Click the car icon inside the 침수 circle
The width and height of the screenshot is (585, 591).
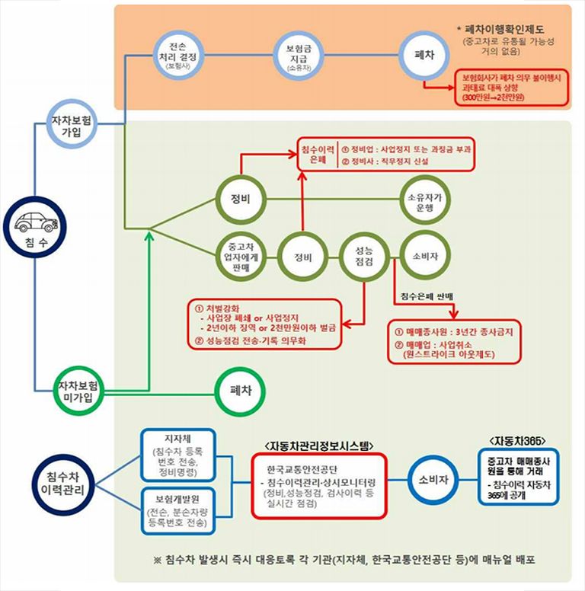tap(34, 222)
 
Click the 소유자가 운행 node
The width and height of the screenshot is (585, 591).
tap(424, 201)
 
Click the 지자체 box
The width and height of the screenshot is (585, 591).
tap(177, 454)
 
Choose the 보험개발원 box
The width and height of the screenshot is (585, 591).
tap(177, 510)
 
